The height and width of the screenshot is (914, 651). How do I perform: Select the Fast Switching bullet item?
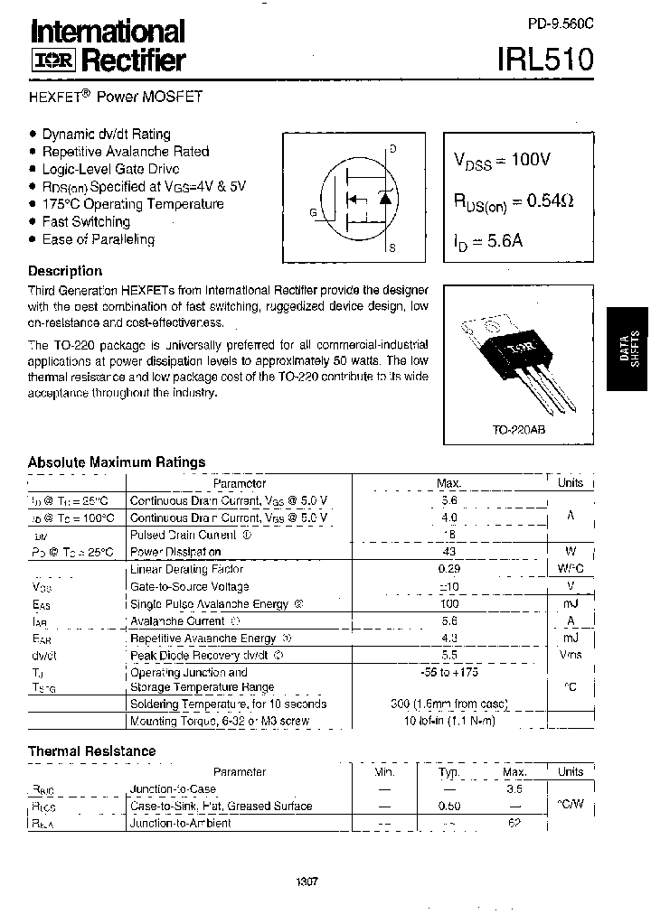(86, 221)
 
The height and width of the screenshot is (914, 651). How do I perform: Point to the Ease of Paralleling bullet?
(99, 239)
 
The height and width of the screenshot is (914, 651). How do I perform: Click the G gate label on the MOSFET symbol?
(313, 213)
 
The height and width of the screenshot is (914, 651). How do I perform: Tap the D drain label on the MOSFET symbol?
(392, 149)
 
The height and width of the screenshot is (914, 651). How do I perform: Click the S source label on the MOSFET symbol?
(392, 247)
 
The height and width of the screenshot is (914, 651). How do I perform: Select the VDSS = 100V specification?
(502, 160)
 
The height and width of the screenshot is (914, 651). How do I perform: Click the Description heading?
(65, 271)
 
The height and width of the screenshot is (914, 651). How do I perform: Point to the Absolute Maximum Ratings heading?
(117, 462)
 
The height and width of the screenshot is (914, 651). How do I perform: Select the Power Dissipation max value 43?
(449, 552)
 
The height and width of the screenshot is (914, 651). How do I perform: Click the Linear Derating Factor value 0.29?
(449, 570)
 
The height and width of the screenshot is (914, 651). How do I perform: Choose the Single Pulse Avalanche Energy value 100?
(449, 603)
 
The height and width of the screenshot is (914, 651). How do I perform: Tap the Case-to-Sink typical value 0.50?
(449, 807)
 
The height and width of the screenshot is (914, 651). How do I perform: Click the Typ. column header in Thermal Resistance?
(449, 772)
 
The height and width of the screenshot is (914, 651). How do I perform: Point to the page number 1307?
(307, 882)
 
